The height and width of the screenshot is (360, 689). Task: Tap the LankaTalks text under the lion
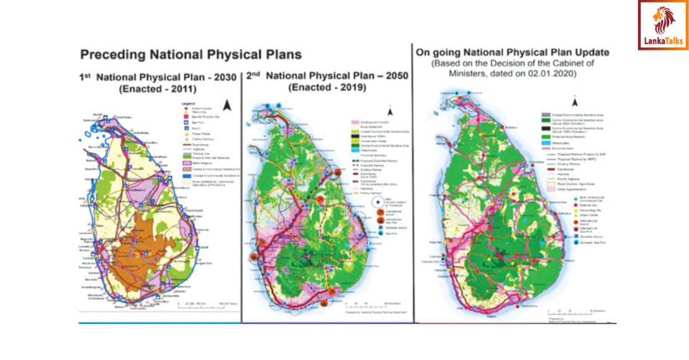[x=663, y=42]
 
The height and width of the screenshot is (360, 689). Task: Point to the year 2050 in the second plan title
[x=390, y=76]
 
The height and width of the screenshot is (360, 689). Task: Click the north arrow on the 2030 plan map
[x=227, y=106]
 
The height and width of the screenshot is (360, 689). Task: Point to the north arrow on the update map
[x=575, y=101]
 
